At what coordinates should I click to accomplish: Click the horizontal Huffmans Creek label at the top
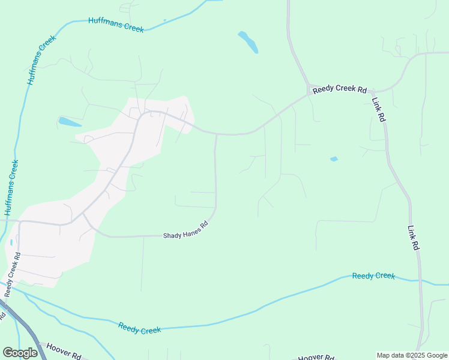[x=116, y=25]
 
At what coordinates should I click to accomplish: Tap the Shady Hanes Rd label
[x=185, y=231]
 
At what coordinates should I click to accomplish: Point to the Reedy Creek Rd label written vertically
[x=13, y=275]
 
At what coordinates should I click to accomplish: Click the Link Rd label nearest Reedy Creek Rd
[x=378, y=110]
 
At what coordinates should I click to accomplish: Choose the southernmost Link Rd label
[x=413, y=238]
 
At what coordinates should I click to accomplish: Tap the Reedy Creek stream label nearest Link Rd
[x=373, y=276]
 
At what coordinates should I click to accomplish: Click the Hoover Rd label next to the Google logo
[x=64, y=351]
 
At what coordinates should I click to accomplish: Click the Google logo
[x=20, y=353]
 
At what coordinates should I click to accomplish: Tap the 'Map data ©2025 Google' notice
[x=411, y=355]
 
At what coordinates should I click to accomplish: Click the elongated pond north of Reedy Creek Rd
[x=248, y=42]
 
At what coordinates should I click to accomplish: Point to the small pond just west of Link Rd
[x=334, y=159]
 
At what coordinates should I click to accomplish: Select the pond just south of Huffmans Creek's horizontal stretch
[x=69, y=122]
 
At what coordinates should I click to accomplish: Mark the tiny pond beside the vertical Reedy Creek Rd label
[x=11, y=242]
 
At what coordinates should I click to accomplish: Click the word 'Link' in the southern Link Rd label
[x=412, y=231]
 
